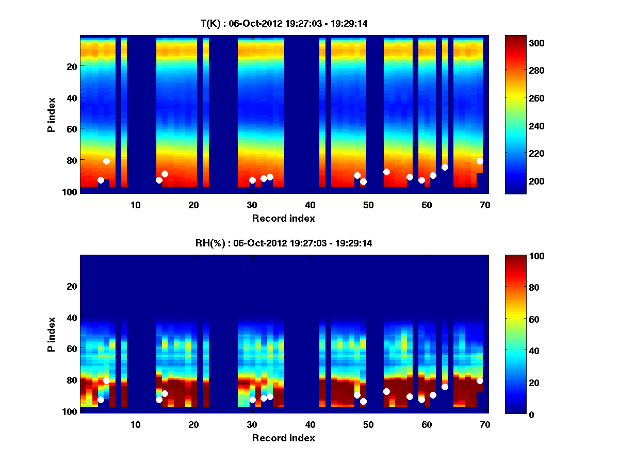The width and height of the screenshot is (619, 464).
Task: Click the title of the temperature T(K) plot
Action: [284, 23]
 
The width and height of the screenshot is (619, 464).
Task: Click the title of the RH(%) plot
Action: [284, 243]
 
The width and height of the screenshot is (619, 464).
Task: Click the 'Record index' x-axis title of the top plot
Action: [284, 219]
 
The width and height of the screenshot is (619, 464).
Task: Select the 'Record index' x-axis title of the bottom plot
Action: [284, 438]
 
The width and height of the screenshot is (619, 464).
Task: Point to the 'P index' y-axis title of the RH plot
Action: [52, 335]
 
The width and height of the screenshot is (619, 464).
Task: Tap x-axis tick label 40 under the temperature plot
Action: [310, 205]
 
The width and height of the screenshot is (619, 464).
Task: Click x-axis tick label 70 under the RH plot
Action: [485, 424]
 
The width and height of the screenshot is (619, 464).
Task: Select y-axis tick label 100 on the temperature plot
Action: [70, 192]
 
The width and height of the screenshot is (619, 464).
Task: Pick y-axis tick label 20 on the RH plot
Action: [72, 286]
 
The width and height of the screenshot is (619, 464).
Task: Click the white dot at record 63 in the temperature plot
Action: [445, 167]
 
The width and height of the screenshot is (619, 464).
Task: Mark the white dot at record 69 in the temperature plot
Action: [480, 161]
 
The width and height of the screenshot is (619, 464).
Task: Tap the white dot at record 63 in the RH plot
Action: [445, 387]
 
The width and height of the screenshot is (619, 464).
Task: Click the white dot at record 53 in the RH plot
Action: [386, 391]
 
